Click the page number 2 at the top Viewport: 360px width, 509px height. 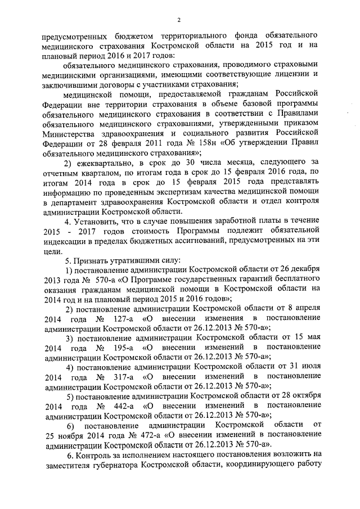point(178,21)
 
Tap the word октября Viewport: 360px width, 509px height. point(304,395)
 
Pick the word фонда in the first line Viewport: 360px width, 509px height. point(218,33)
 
